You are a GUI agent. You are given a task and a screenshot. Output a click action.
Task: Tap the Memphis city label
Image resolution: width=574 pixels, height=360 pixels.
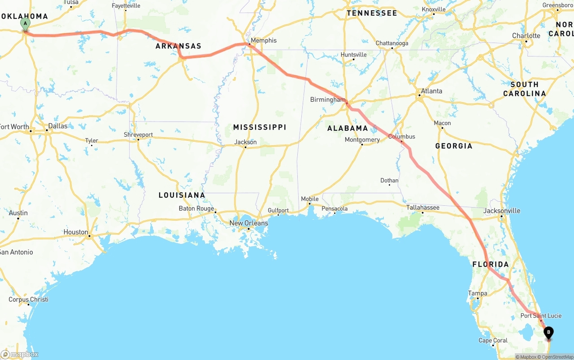tap(264, 40)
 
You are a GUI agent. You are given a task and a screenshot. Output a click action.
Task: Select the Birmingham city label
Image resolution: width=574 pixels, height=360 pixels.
tap(328, 100)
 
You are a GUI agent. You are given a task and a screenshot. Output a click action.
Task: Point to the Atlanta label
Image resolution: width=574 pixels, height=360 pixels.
tap(431, 91)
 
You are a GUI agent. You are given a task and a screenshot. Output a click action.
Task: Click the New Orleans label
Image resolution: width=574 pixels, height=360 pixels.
tap(248, 223)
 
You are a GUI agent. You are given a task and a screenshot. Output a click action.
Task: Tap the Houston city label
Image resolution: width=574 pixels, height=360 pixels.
tap(76, 232)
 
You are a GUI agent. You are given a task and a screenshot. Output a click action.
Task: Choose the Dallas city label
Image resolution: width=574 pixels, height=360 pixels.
tap(58, 126)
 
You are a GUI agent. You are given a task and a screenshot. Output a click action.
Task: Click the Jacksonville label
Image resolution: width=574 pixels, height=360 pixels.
tap(502, 211)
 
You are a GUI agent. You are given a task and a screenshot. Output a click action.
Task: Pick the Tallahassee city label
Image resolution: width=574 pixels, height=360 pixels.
tap(423, 208)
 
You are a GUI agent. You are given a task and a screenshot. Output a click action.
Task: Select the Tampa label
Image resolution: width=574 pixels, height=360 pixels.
tap(478, 294)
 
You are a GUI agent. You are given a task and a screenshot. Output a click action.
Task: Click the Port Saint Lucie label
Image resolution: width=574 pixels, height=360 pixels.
tap(541, 316)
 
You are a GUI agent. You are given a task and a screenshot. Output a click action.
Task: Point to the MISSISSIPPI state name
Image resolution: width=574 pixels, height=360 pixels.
tap(260, 127)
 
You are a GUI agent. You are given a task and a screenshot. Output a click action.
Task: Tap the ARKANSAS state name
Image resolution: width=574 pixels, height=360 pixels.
tap(178, 46)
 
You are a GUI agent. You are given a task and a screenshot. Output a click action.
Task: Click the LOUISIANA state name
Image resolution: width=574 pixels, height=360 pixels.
tap(182, 195)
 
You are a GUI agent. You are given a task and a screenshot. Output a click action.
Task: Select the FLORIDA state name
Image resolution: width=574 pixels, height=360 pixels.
tap(491, 265)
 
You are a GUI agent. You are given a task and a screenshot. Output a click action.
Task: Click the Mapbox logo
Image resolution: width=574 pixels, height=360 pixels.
tap(19, 355)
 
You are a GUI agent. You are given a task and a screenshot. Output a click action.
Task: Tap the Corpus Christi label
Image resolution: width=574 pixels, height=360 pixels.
tap(28, 299)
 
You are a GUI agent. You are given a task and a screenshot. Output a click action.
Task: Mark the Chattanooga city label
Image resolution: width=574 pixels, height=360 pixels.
tap(392, 43)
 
